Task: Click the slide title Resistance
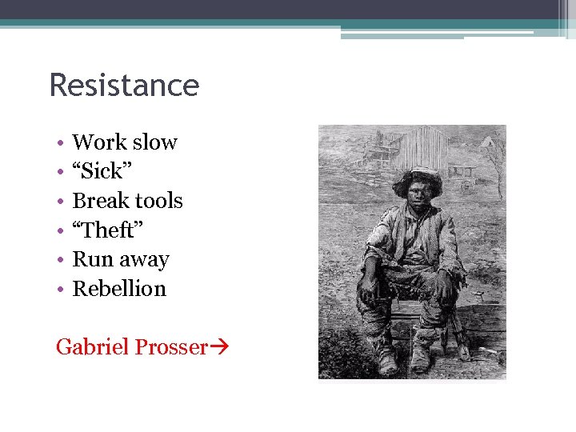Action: point(124,85)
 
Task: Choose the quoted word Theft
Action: point(107,230)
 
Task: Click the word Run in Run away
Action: point(88,260)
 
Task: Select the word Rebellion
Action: point(119,289)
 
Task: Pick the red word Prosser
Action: point(170,347)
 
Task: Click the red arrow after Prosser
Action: point(219,348)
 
